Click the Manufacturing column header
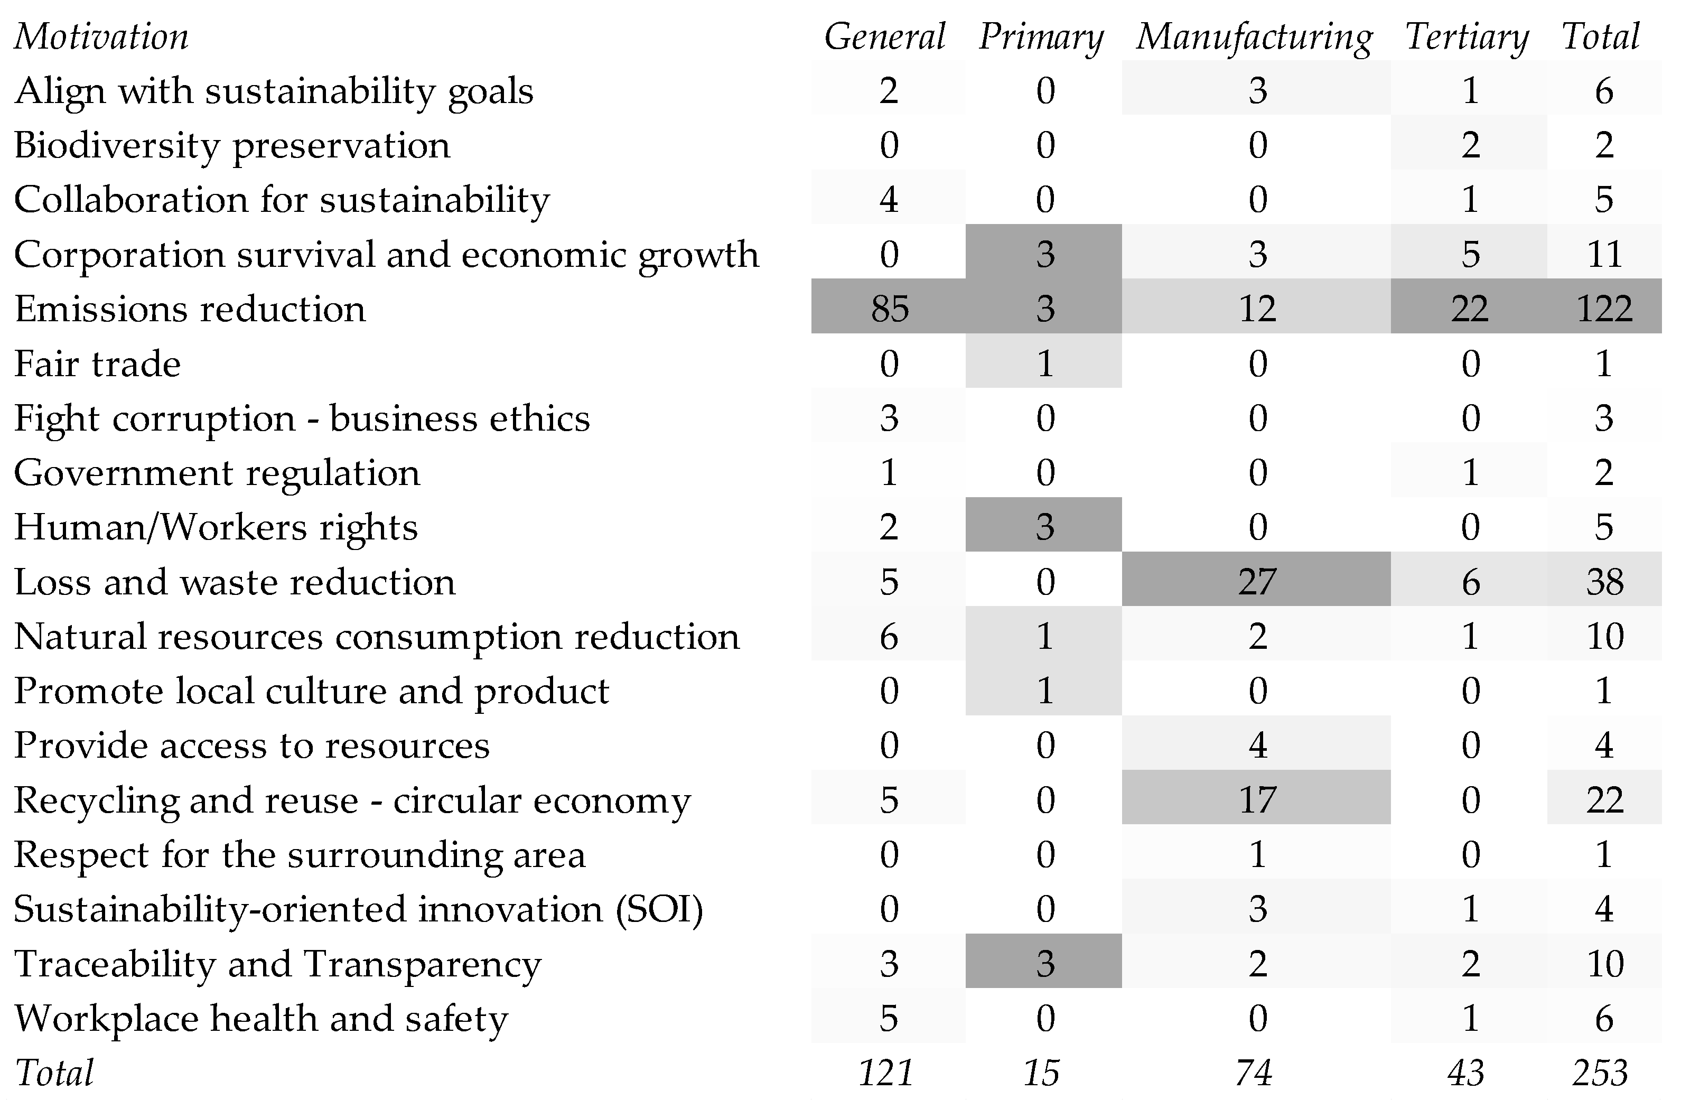coord(1255,37)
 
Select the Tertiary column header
coord(1467,37)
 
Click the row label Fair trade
coord(98,364)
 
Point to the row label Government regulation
coord(217,472)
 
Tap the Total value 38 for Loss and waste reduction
coord(1604,581)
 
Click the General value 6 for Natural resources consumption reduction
coord(889,636)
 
